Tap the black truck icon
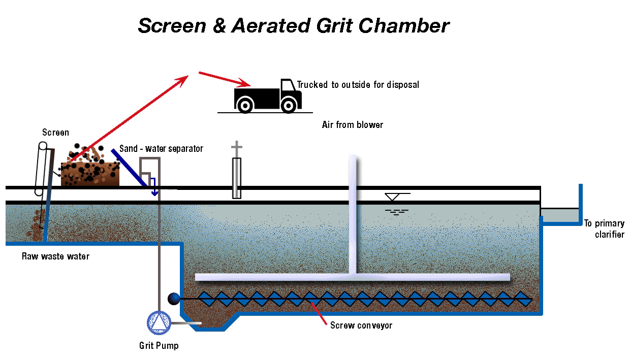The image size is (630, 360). (x=265, y=96)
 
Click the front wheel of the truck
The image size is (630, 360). (x=289, y=106)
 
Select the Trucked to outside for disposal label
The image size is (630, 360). (x=358, y=84)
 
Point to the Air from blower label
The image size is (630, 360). (x=352, y=124)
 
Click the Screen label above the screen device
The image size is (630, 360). (x=55, y=133)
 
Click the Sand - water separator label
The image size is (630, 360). (x=161, y=149)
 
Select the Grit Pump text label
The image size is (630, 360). (x=159, y=346)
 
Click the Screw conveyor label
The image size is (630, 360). (x=361, y=325)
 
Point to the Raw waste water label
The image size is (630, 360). (x=55, y=256)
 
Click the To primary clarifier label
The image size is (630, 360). (x=604, y=229)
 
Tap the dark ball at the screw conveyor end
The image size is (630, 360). (x=174, y=299)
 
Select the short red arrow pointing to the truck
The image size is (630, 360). (x=224, y=79)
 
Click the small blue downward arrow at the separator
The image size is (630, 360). (x=153, y=190)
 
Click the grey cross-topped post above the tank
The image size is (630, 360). (x=236, y=172)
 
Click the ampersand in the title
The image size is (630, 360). (x=218, y=26)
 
